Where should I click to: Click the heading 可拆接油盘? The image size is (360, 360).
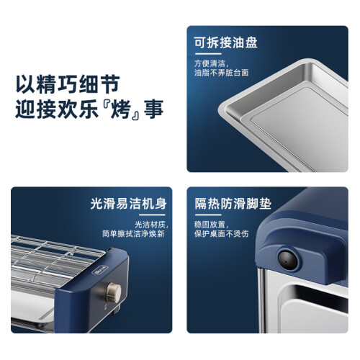click(225, 43)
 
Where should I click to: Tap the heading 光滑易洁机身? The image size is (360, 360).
click(129, 204)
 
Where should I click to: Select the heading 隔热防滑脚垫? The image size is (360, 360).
click(233, 204)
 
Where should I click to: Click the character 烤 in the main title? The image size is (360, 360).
click(120, 109)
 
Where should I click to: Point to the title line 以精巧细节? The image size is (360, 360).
click(68, 84)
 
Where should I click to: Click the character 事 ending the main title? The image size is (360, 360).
click(153, 109)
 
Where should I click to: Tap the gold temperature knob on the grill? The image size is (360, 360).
click(114, 292)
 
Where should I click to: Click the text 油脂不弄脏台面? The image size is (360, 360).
click(221, 73)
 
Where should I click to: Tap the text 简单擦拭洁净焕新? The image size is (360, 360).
click(133, 233)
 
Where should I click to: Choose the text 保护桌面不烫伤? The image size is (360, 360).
click(221, 233)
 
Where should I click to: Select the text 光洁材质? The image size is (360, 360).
click(151, 225)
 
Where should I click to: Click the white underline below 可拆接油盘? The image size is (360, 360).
click(208, 54)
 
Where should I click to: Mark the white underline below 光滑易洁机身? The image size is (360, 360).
click(152, 215)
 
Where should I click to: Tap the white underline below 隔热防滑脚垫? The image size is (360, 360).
click(208, 215)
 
